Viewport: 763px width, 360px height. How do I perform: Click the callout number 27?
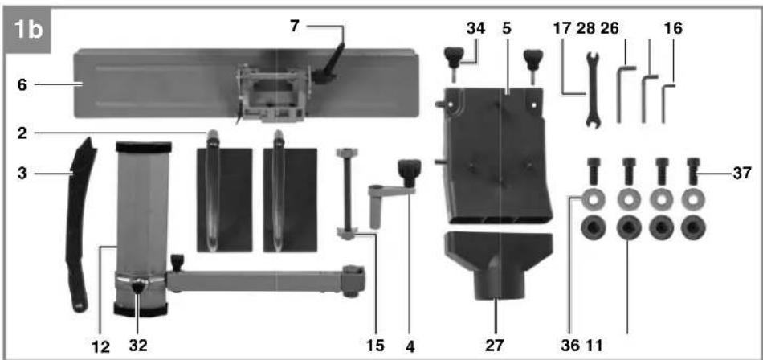[x=496, y=345]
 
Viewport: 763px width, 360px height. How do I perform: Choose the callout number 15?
[x=375, y=345]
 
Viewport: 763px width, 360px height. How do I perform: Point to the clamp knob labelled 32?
[x=140, y=287]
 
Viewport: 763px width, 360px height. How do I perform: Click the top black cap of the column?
[x=144, y=147]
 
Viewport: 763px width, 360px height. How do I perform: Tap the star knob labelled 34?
[x=455, y=59]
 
